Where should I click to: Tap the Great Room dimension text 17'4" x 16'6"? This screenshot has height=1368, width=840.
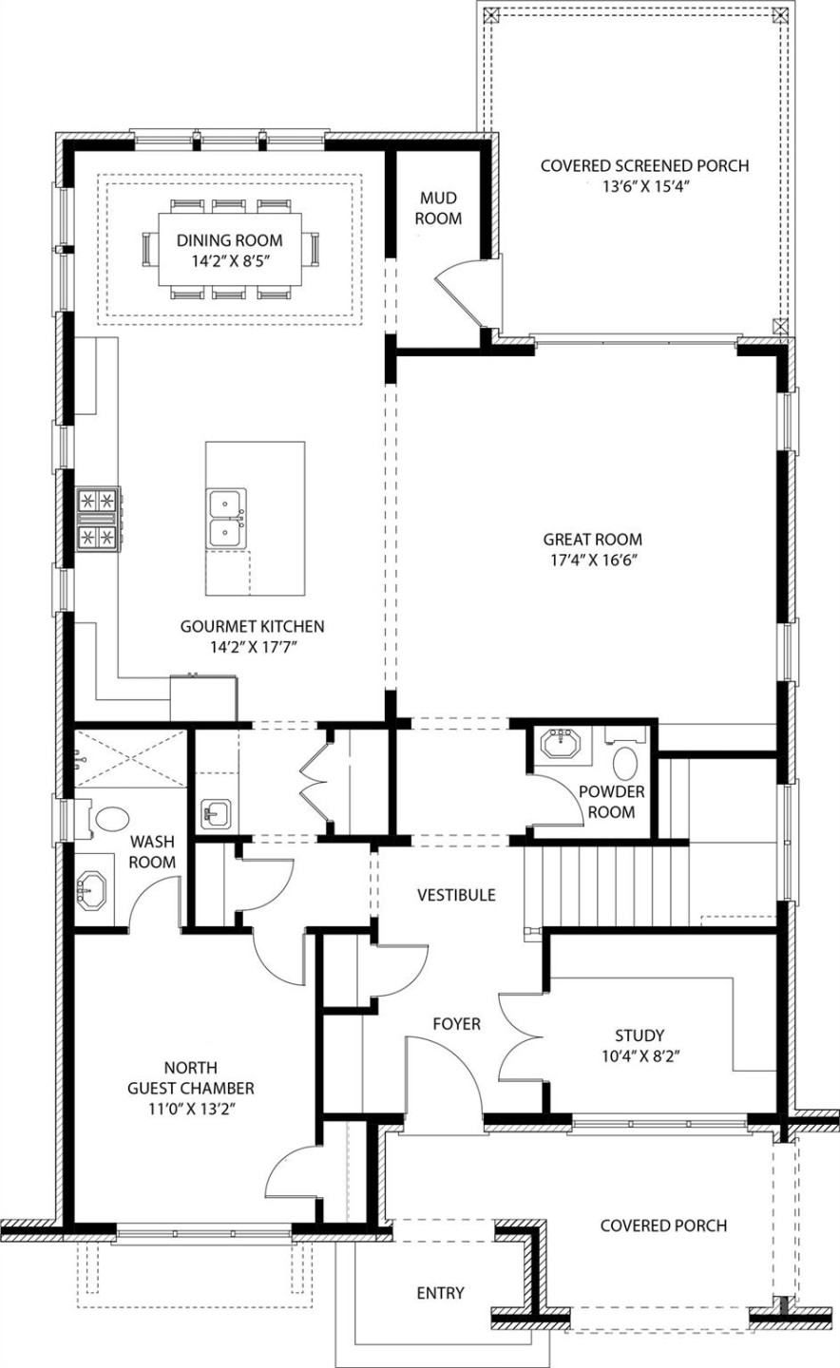tap(586, 560)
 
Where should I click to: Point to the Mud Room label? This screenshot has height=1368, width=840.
tap(439, 208)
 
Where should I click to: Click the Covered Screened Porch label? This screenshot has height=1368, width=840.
tap(644, 166)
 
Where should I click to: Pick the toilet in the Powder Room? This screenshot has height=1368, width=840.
tap(625, 763)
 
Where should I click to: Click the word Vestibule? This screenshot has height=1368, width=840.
tap(456, 895)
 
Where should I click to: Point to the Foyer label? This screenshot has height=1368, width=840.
tap(456, 1024)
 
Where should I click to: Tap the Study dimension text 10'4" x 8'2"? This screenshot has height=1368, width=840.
tap(639, 1054)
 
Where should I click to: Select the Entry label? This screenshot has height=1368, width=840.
tap(441, 1293)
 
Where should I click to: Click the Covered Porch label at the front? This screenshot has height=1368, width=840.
tap(663, 1225)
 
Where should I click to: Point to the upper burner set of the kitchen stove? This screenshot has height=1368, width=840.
tap(99, 500)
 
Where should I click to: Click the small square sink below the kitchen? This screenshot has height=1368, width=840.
tap(216, 813)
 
